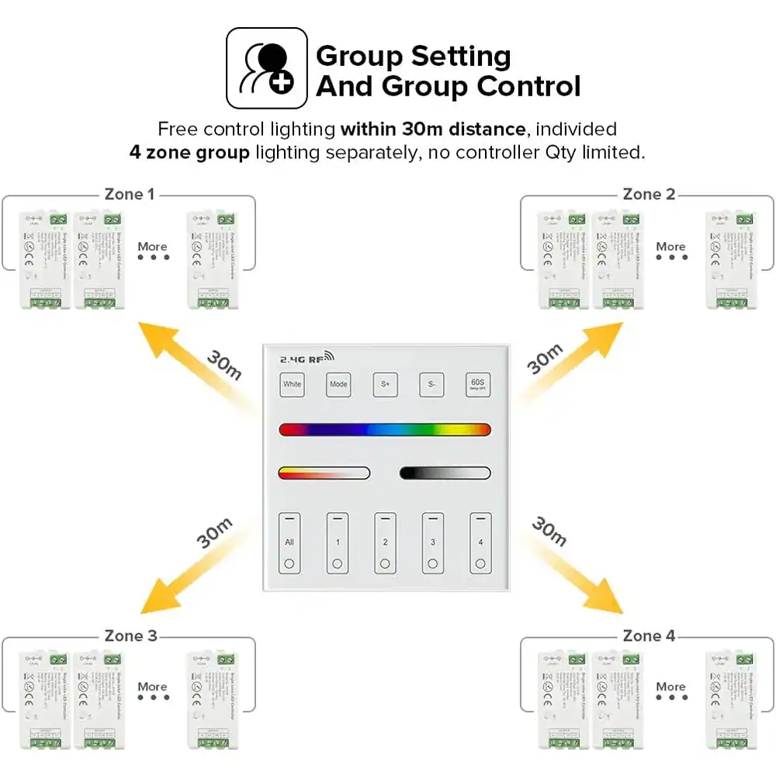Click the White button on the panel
293,384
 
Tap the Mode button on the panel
338,384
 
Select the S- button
431,384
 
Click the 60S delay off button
478,384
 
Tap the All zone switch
289,542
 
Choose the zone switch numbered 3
433,542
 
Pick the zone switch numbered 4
480,542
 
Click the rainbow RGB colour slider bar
385,430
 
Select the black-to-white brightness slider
445,473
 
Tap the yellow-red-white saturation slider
324,473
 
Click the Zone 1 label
130,194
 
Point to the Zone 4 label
649,636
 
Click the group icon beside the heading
266,68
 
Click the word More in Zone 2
670,247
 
